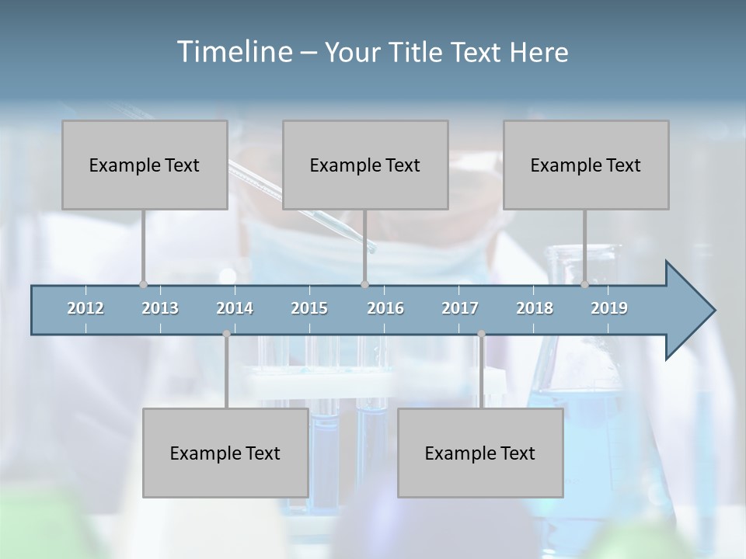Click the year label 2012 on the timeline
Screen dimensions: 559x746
(85, 308)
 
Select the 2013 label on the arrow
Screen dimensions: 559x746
(160, 308)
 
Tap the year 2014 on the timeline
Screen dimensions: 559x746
(235, 308)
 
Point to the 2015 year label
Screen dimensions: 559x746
(309, 308)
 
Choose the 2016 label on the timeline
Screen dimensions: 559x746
(385, 308)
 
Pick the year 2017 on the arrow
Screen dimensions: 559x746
(460, 308)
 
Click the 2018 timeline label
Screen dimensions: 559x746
(535, 308)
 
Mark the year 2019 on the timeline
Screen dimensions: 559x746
(609, 308)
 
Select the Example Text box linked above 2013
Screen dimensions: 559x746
(145, 165)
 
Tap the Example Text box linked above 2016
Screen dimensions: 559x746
(365, 165)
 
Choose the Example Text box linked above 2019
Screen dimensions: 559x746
(586, 165)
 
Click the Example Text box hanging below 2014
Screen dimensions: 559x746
(225, 453)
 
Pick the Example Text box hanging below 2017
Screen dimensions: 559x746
(480, 453)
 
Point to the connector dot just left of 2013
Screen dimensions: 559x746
(143, 284)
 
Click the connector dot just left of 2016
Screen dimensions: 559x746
(364, 284)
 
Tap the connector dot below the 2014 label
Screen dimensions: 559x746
(226, 334)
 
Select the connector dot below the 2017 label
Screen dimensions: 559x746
(481, 334)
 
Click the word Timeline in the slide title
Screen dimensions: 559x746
(233, 52)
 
